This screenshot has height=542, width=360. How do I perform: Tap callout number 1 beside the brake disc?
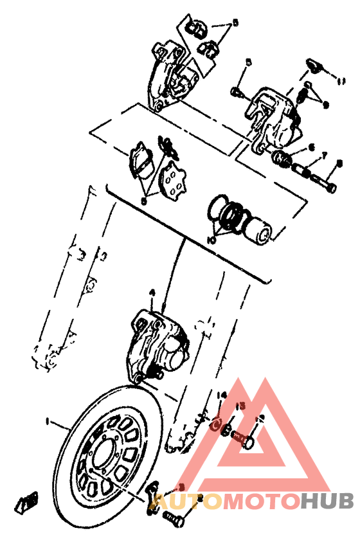click(47, 421)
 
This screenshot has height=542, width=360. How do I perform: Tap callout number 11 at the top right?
click(341, 81)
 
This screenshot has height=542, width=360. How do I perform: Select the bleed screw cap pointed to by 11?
click(312, 65)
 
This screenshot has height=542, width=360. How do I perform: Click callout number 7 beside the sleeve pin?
click(325, 155)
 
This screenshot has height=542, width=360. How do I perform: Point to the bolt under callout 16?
click(242, 440)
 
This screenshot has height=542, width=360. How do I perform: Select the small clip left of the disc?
click(26, 501)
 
